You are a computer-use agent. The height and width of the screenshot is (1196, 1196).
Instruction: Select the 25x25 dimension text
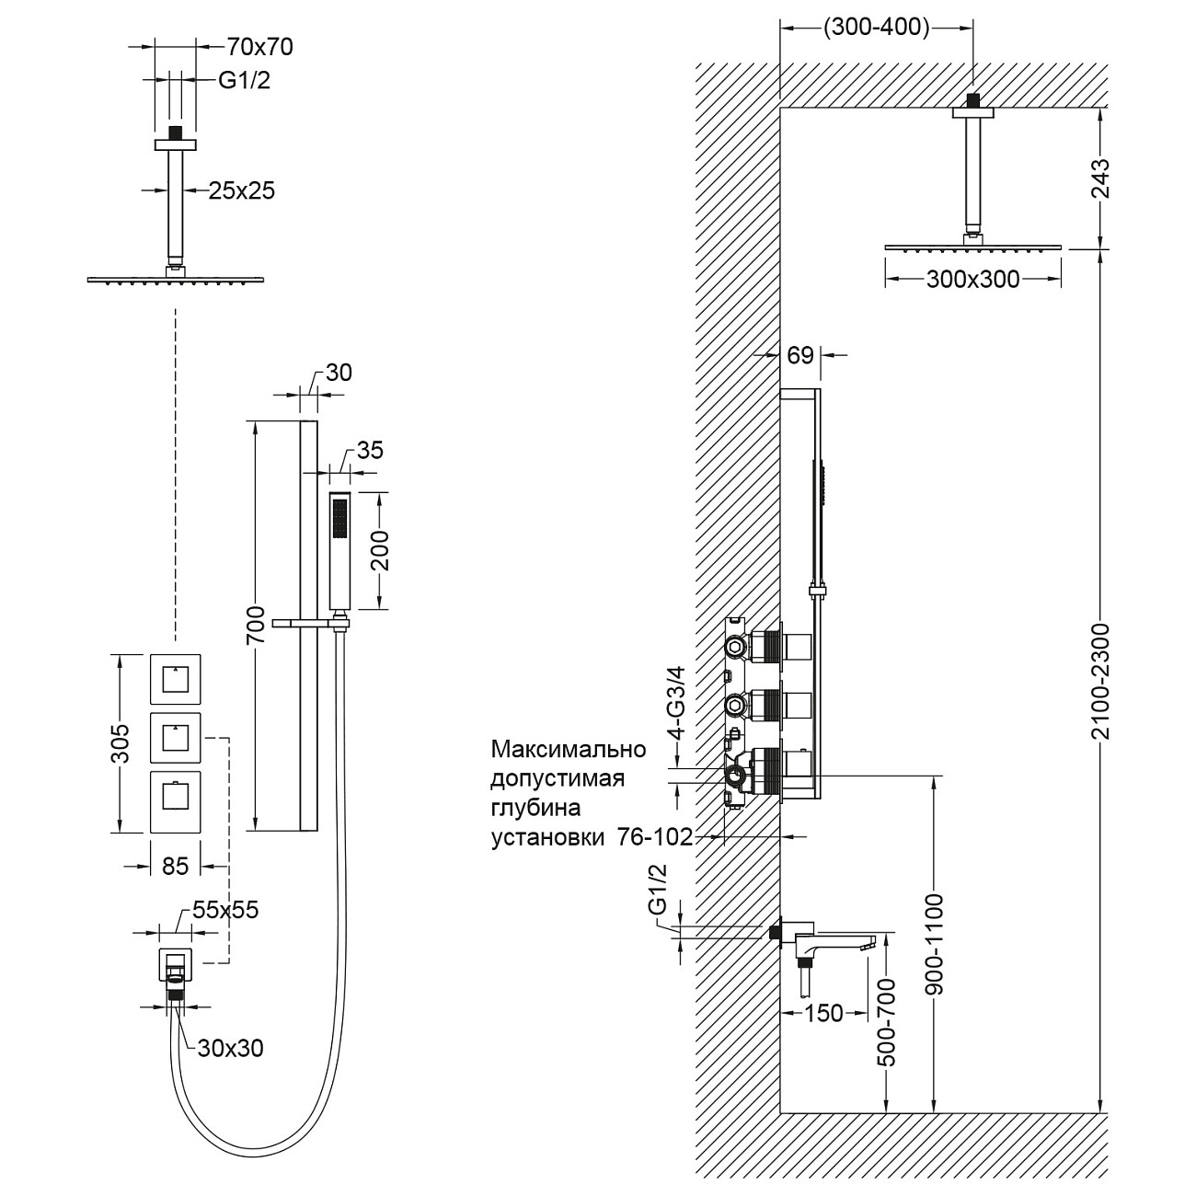242,190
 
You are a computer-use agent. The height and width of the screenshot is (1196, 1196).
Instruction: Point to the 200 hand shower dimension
381,550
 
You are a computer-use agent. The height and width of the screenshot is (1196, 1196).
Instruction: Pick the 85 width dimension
175,866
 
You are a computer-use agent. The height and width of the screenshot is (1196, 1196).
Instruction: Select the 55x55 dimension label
225,910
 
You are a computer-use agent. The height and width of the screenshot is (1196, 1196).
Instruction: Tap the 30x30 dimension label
230,1048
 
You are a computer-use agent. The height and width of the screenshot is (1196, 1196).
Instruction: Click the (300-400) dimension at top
876,28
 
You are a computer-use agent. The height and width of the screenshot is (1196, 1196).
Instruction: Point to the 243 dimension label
1101,178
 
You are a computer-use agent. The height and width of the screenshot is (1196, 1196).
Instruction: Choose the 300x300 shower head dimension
972,279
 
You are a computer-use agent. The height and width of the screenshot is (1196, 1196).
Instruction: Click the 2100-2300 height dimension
1102,681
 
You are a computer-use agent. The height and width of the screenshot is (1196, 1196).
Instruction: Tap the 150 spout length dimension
823,1013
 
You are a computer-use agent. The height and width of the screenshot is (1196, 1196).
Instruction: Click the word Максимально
569,749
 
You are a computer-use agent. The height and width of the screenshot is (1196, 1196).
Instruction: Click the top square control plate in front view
175,679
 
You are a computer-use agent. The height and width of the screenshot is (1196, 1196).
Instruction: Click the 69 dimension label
801,355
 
